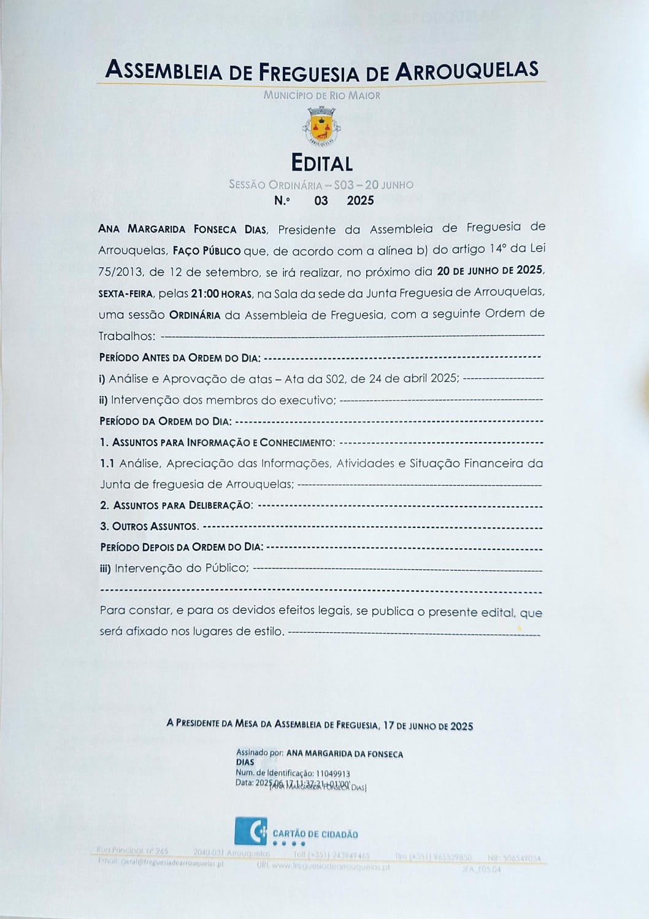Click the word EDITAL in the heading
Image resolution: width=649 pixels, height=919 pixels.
(x=321, y=163)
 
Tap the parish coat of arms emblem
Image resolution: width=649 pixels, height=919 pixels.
(x=321, y=126)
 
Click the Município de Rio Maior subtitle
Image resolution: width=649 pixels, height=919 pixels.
(x=322, y=96)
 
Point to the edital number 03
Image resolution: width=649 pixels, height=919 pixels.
(x=321, y=201)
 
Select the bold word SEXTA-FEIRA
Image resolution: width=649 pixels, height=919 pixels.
(x=126, y=294)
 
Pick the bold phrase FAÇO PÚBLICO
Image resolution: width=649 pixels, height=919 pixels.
(x=207, y=251)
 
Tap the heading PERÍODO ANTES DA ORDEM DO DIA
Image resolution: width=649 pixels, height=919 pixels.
(x=180, y=358)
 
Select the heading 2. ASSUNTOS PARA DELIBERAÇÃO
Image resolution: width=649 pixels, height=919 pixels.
(x=176, y=505)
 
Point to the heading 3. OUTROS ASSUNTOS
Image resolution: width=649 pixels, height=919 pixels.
(x=149, y=527)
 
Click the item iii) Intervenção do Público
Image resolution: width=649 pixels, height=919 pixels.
(x=174, y=568)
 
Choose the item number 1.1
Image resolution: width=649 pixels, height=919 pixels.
(x=107, y=463)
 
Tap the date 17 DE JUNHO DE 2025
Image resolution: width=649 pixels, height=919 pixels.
(x=428, y=726)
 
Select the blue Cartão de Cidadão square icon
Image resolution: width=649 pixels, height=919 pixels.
(x=250, y=831)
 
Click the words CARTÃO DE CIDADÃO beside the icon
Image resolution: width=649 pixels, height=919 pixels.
(x=315, y=834)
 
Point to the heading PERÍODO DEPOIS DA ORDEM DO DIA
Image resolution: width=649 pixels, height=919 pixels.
(x=182, y=547)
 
